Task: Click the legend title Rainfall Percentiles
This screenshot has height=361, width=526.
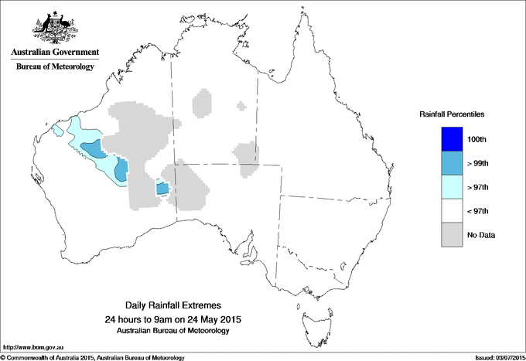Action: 452,114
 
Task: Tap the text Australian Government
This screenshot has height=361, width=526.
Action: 55,53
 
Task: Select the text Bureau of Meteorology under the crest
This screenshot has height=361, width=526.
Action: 55,67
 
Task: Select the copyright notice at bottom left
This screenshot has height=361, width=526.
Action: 93,357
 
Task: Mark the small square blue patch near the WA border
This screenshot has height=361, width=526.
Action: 162,188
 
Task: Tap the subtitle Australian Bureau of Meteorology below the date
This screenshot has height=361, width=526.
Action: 179,331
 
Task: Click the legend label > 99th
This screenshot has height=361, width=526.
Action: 480,162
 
